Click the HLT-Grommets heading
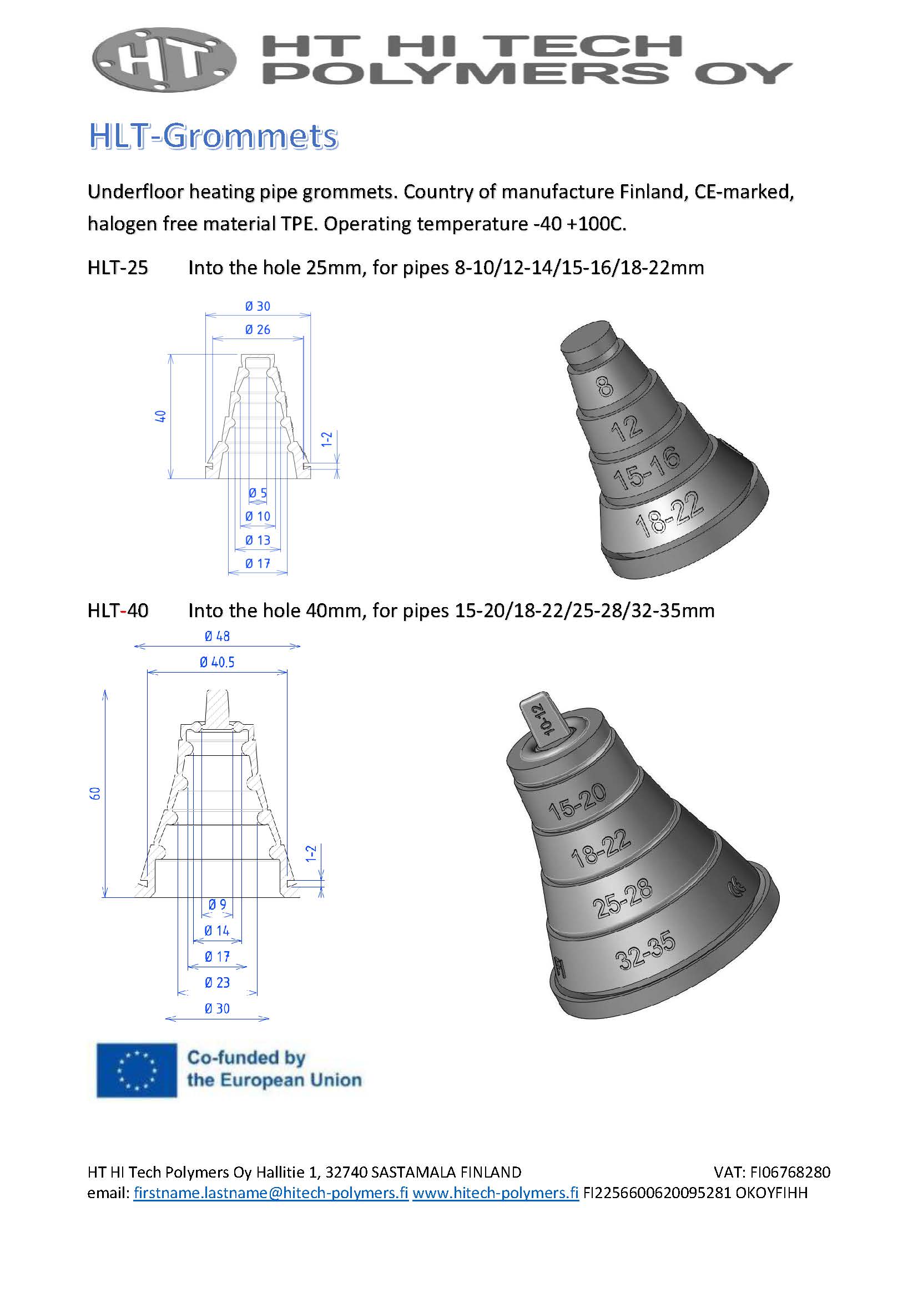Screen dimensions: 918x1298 [213, 137]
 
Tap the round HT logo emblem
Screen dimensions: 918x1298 [164, 60]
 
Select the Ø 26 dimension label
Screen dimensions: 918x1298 [258, 330]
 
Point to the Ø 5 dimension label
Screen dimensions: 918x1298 [258, 493]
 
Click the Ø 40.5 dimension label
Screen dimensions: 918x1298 [217, 662]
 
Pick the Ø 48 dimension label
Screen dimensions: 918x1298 [217, 636]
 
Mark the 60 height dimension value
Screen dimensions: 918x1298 [95, 793]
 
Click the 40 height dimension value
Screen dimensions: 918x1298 [160, 416]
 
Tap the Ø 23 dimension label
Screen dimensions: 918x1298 [217, 983]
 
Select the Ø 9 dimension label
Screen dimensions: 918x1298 [217, 905]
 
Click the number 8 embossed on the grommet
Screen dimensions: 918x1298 [605, 387]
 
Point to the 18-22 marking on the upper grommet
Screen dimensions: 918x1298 [670, 514]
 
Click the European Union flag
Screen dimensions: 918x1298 [136, 1070]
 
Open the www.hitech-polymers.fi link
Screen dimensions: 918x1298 [495, 1193]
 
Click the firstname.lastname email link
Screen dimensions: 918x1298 [271, 1193]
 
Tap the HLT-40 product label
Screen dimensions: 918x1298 [118, 610]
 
